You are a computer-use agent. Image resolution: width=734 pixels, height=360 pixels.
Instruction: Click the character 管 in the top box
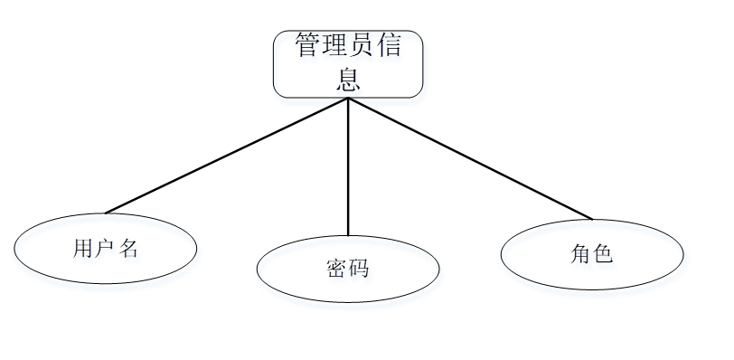[x=308, y=46]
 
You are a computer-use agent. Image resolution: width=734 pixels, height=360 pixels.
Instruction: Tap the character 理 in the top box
[x=334, y=46]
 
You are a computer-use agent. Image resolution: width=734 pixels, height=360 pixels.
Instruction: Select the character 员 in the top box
[x=362, y=46]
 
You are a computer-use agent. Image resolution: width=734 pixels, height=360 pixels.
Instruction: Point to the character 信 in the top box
[x=388, y=46]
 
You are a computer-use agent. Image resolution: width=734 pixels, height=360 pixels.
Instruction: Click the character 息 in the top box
[x=348, y=80]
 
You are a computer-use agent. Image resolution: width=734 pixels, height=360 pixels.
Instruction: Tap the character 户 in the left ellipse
[x=106, y=250]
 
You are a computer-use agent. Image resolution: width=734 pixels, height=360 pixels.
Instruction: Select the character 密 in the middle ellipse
[x=335, y=269]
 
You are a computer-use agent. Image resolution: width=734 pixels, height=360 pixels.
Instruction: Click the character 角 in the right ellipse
[x=580, y=254]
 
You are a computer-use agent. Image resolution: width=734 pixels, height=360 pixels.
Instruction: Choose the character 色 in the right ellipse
[x=603, y=254]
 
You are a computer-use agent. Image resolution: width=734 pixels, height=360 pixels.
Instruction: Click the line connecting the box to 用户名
[x=226, y=156]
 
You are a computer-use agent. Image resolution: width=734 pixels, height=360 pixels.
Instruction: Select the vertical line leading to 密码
[x=348, y=167]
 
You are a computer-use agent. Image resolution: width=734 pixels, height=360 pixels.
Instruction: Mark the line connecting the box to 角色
[x=470, y=158]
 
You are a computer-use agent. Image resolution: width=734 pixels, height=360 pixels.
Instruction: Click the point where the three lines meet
[x=348, y=98]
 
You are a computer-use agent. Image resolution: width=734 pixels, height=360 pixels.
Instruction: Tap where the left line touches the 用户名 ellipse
[x=105, y=213]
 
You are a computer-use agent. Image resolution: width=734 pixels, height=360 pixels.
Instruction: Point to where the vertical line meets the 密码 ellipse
[x=348, y=236]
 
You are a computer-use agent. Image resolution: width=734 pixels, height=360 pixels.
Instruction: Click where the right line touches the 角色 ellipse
[x=592, y=219]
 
